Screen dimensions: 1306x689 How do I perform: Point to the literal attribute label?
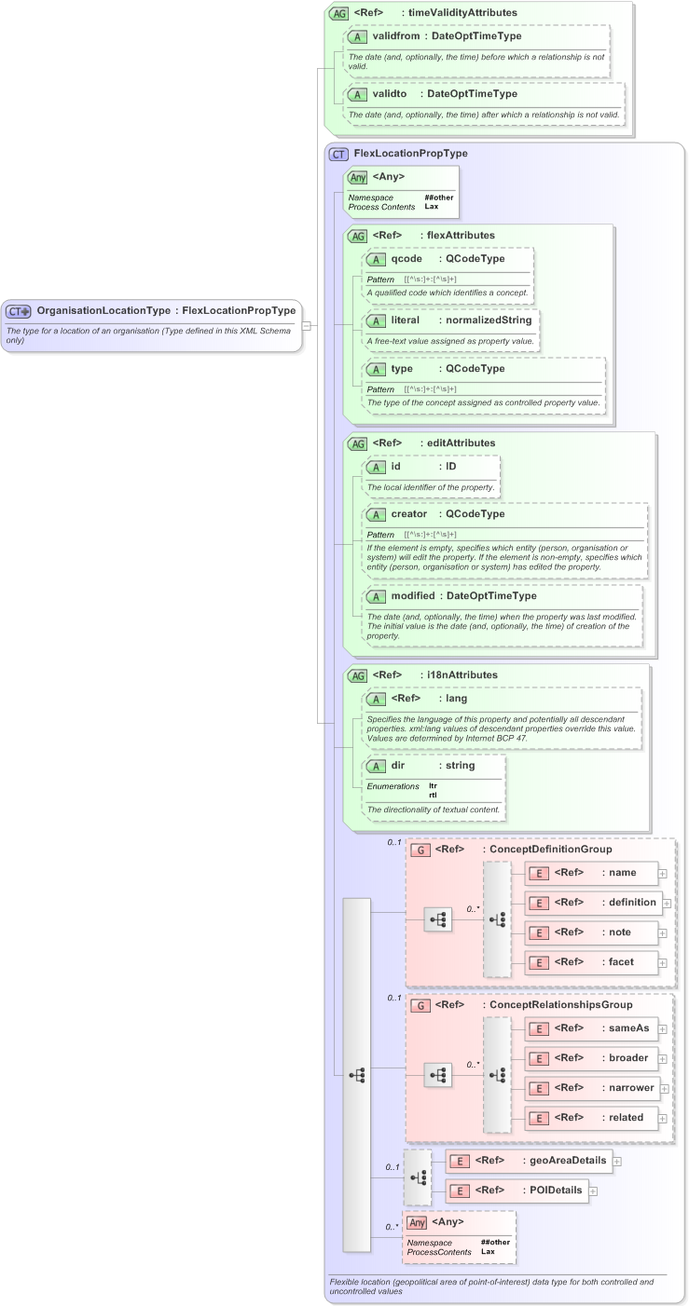(406, 320)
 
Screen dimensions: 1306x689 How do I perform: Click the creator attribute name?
(408, 513)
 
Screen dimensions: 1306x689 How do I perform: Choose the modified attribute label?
(412, 595)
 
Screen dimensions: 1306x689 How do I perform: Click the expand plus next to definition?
(667, 903)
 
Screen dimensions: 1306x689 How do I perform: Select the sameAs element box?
(591, 1028)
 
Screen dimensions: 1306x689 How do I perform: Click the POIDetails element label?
(556, 1190)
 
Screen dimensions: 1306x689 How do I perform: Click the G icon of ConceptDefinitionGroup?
(420, 850)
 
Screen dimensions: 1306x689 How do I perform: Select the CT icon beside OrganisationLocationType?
(19, 311)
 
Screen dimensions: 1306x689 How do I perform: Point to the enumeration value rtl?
(433, 795)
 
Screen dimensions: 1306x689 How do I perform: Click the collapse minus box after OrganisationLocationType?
(307, 325)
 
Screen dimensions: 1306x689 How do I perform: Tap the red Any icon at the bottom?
(417, 1222)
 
